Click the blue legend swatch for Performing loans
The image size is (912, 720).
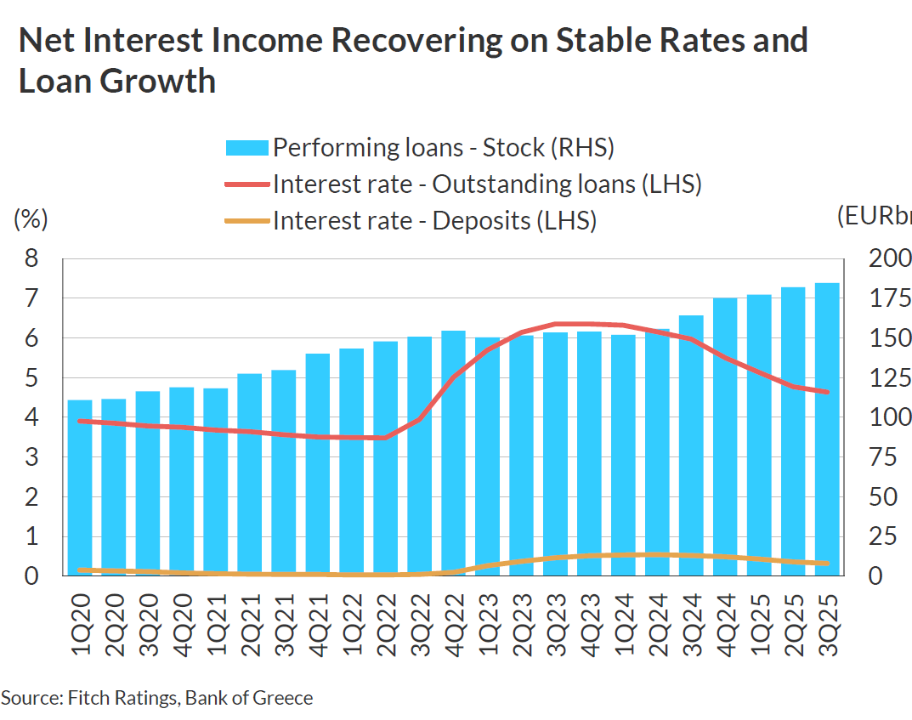pos(246,148)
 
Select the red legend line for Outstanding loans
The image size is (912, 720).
pos(246,184)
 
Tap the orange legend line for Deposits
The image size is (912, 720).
pos(246,221)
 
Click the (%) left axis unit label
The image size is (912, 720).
pos(31,218)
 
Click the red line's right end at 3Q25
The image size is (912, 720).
pos(827,392)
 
